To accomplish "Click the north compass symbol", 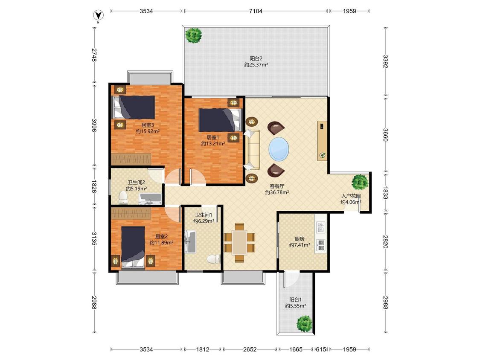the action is [x=98, y=15].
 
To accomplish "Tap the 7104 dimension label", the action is [x=256, y=12].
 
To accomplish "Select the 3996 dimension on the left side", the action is [x=94, y=125].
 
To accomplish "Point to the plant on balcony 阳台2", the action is [x=194, y=35].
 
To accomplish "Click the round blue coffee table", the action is [x=279, y=149].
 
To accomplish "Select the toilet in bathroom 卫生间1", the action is [x=214, y=259].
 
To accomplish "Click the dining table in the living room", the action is [x=239, y=242].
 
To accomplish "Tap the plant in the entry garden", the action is [x=359, y=182].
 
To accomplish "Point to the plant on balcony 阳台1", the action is [x=305, y=324].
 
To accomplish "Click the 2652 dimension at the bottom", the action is [x=250, y=349].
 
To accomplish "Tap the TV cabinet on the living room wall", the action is [x=322, y=140].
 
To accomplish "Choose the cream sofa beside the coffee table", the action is [x=252, y=149].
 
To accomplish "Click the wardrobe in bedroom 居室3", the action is [x=131, y=159].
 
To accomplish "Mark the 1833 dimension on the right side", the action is [x=385, y=193].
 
